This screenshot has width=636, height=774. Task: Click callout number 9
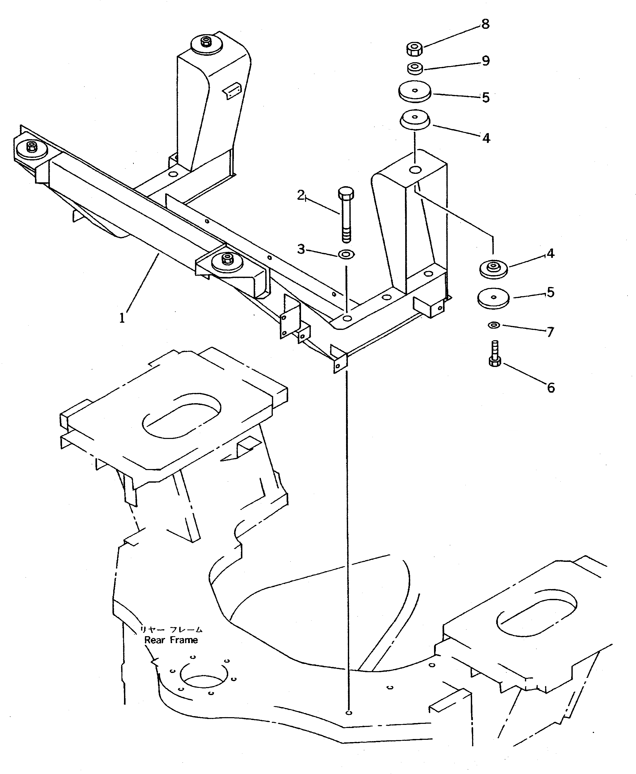pyautogui.click(x=485, y=61)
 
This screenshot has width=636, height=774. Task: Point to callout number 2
pyautogui.click(x=301, y=195)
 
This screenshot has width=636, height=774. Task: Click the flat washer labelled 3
pyautogui.click(x=346, y=254)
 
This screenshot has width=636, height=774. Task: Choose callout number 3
pyautogui.click(x=301, y=249)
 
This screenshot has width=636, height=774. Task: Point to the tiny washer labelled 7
pyautogui.click(x=494, y=325)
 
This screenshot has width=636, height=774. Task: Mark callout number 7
pyautogui.click(x=550, y=332)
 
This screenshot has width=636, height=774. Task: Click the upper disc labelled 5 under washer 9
pyautogui.click(x=415, y=92)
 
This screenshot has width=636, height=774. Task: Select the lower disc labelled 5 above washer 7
pyautogui.click(x=493, y=298)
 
